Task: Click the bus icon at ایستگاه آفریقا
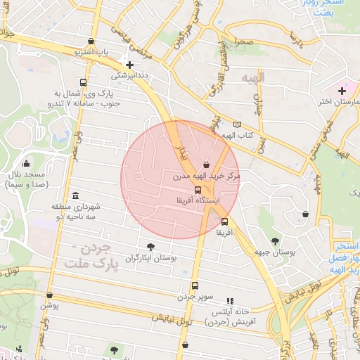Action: tap(198, 190)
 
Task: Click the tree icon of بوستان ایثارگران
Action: tap(150, 246)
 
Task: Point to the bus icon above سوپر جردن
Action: tap(194, 285)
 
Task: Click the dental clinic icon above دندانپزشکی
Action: tap(129, 63)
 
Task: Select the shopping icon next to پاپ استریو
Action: tap(94, 41)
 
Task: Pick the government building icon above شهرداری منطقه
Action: tap(75, 195)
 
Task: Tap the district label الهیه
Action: tap(251, 76)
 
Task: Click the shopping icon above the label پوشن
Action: tap(49, 295)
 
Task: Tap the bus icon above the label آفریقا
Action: tap(224, 221)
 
